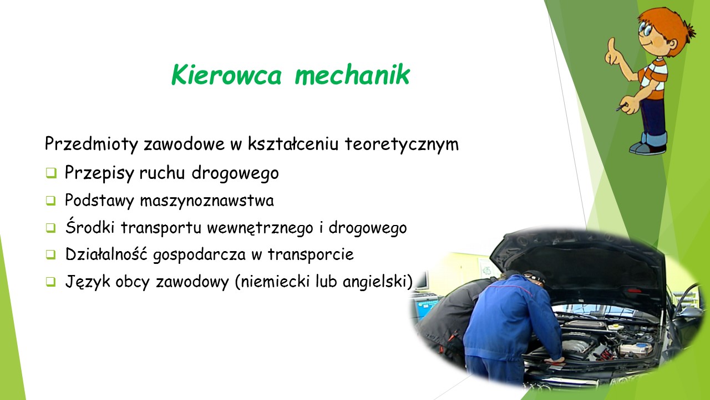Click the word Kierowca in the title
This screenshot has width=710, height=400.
(x=226, y=74)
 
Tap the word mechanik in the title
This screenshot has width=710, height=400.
(x=352, y=74)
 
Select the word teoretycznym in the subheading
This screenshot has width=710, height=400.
(x=402, y=144)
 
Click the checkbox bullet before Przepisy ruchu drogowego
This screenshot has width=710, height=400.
(x=51, y=173)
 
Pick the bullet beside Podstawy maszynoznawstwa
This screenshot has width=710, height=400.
(x=50, y=201)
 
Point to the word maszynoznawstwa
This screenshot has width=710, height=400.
(x=207, y=201)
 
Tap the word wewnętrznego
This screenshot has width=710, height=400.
(x=260, y=228)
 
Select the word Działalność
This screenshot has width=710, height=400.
(x=106, y=254)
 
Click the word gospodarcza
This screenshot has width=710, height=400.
(x=199, y=255)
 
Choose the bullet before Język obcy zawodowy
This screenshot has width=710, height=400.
(x=50, y=282)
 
